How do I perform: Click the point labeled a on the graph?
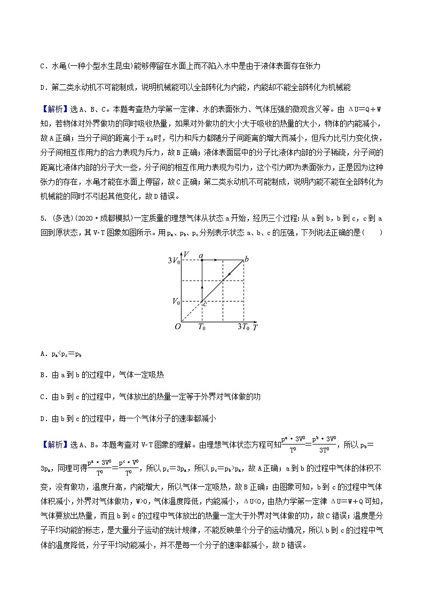tap(201, 256)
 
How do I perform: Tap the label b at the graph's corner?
tap(246, 260)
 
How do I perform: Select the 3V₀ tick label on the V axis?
tap(174, 261)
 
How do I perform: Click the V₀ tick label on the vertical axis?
tap(176, 301)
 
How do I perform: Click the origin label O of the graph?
tap(178, 326)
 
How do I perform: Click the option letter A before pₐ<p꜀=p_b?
tap(42, 354)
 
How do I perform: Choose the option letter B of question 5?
tap(42, 375)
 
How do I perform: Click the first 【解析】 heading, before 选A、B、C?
tap(52, 110)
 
